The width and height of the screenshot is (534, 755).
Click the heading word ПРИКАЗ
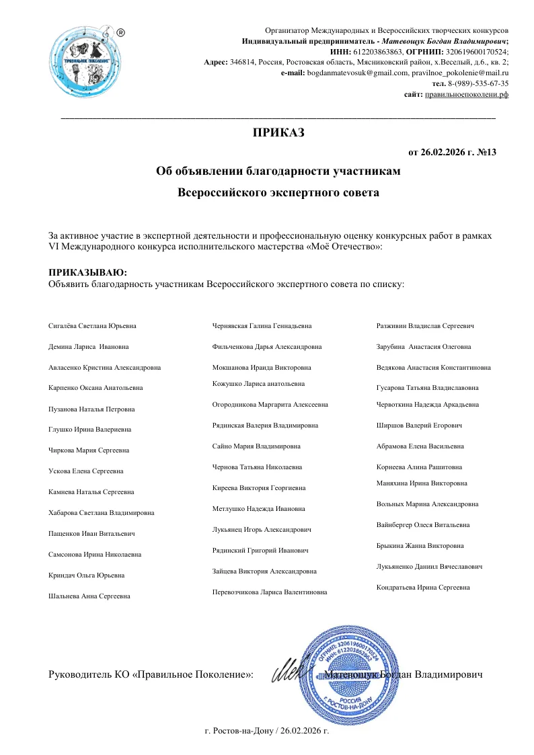pyautogui.click(x=278, y=132)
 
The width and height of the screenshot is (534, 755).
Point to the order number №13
pyautogui.click(x=486, y=152)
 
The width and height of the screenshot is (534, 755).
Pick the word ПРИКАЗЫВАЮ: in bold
pyautogui.click(x=87, y=272)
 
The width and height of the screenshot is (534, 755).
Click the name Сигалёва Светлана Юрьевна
pyautogui.click(x=92, y=325)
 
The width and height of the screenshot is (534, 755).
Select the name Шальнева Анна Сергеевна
pyautogui.click(x=89, y=596)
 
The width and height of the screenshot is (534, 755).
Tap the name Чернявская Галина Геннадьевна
pyautogui.click(x=262, y=325)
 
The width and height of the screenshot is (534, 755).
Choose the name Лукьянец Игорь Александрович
pyautogui.click(x=262, y=530)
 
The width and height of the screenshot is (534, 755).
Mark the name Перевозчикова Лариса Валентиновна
pyautogui.click(x=270, y=592)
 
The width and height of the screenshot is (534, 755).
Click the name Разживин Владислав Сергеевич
pyautogui.click(x=426, y=325)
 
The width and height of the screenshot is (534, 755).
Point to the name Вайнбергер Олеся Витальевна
pyautogui.click(x=423, y=524)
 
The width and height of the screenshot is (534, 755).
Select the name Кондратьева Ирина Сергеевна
pyautogui.click(x=423, y=588)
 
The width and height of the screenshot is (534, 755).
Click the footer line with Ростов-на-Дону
pyautogui.click(x=266, y=729)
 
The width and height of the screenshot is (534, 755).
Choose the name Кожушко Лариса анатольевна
pyautogui.click(x=258, y=383)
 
